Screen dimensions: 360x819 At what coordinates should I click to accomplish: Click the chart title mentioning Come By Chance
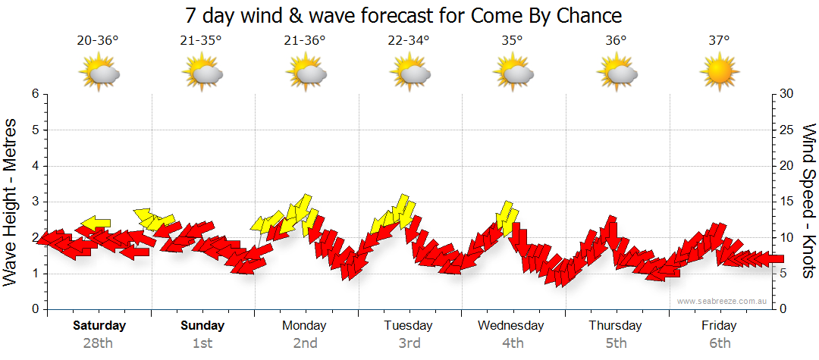(x=403, y=15)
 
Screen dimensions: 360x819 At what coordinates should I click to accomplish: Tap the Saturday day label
(x=99, y=326)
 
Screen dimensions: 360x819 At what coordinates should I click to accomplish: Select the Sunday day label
(x=202, y=326)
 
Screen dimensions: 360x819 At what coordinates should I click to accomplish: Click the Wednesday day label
(x=511, y=326)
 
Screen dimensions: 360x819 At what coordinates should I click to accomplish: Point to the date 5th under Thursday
(x=616, y=343)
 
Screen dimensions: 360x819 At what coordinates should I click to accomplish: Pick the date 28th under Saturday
(x=98, y=343)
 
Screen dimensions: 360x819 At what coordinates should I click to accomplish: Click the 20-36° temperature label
(x=98, y=41)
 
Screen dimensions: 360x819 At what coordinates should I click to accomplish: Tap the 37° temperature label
(x=719, y=41)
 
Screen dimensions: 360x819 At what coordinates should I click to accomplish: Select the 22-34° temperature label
(x=408, y=41)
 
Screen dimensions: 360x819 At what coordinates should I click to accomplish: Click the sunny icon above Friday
(x=719, y=74)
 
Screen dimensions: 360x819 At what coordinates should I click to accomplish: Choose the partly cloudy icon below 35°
(x=512, y=74)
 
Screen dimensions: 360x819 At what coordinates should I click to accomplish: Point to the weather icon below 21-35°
(x=202, y=74)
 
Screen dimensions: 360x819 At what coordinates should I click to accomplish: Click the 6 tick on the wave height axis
(x=34, y=94)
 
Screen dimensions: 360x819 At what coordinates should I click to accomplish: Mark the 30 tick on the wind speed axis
(x=787, y=94)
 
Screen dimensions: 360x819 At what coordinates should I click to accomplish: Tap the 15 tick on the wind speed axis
(x=787, y=202)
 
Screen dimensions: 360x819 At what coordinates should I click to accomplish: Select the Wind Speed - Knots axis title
(x=808, y=201)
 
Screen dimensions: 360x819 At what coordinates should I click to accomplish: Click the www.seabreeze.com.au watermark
(x=723, y=301)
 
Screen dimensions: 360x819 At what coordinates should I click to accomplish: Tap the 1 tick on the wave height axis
(x=34, y=274)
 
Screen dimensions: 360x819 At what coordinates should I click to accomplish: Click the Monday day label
(x=304, y=326)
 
